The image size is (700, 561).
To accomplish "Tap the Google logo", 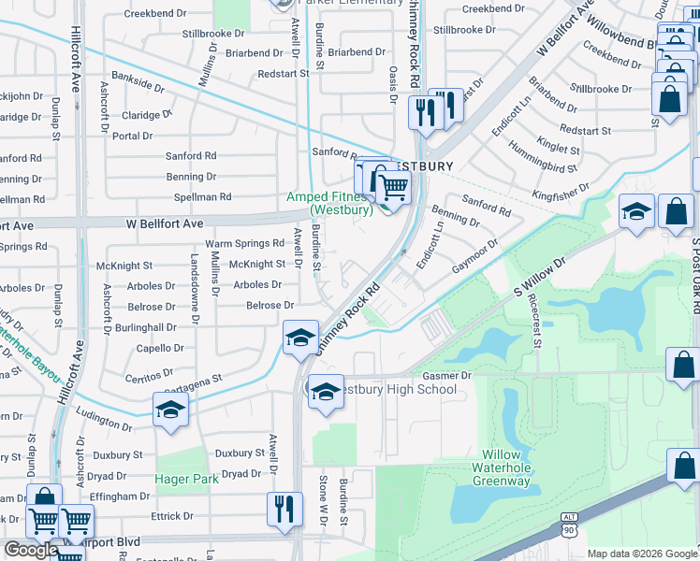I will point(31,550).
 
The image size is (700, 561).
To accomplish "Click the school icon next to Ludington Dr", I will point(171,411).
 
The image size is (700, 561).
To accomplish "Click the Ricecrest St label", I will point(534,323).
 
